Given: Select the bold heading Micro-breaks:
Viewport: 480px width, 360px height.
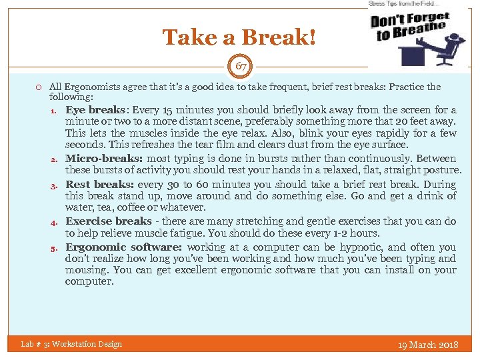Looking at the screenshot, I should pos(103,159).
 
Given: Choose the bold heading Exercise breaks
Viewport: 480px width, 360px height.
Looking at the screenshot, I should pos(108,221).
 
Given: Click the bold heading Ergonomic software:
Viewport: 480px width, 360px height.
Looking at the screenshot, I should pos(124,247).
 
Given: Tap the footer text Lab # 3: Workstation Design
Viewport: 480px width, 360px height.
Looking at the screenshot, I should pos(71,344).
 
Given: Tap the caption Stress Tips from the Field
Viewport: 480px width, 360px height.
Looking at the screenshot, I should pos(405,4).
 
